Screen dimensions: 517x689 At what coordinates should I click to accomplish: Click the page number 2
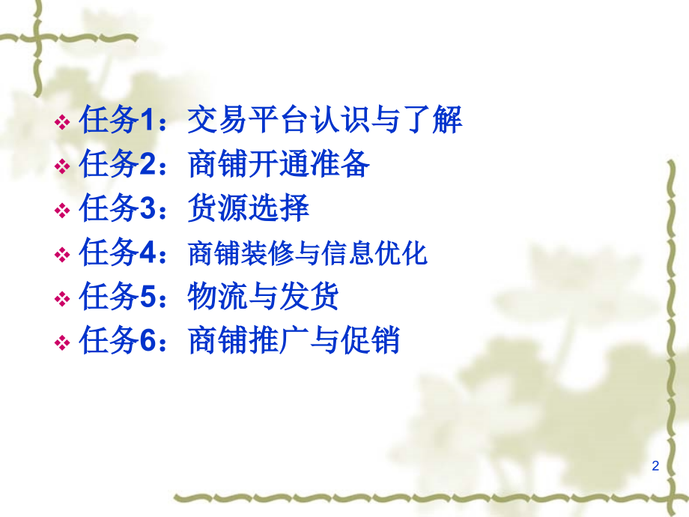point(655,466)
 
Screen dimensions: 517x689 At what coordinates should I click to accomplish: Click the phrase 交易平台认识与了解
point(325,121)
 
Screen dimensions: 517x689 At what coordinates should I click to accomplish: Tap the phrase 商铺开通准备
point(279,165)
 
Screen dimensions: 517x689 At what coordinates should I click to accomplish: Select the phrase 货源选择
point(249,209)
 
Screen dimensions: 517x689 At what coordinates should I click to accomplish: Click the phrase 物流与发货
point(264,297)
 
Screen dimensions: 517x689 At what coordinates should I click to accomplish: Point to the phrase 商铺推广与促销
point(294,342)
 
